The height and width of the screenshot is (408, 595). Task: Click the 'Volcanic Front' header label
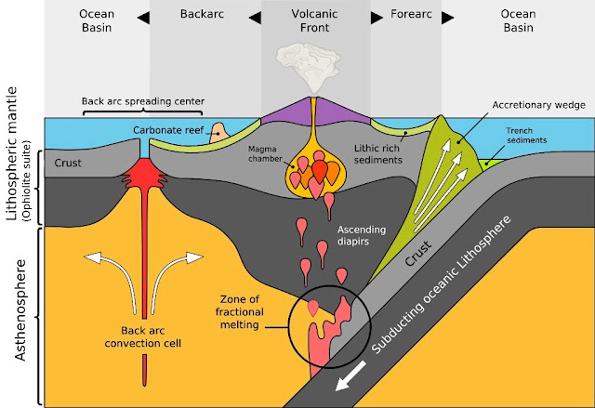[314, 20]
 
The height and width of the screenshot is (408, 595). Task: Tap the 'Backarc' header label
[202, 14]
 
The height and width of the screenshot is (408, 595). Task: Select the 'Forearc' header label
[411, 14]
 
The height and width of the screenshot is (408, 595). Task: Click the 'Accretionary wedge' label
[539, 105]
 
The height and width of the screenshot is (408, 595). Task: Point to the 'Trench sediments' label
[526, 136]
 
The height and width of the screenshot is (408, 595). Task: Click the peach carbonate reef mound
[219, 133]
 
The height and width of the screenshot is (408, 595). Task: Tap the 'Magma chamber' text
[265, 153]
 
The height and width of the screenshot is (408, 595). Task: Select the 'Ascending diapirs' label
[362, 235]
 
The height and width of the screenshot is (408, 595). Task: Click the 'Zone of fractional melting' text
[240, 311]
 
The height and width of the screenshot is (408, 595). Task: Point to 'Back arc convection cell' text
[142, 336]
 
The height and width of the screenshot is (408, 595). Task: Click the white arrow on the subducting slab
[350, 375]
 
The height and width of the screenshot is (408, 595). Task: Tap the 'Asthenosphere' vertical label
[20, 309]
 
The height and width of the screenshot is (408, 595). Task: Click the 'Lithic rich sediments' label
[378, 154]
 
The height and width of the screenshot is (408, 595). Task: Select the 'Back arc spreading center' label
[143, 101]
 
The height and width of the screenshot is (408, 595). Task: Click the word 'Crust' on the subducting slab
[418, 253]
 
